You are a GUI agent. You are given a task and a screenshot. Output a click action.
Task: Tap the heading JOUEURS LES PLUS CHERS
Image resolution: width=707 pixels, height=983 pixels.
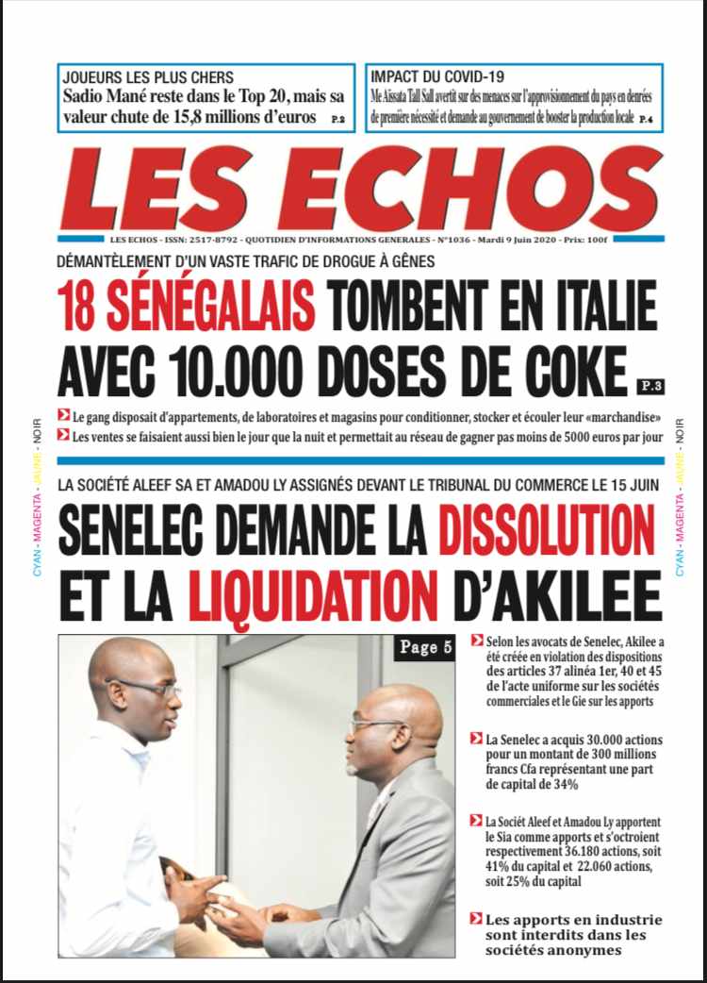point(147,76)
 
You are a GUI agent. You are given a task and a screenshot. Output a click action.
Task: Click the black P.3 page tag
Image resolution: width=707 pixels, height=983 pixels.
point(649,385)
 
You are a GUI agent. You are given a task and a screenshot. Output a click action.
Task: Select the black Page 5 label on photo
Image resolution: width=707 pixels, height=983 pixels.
point(423,648)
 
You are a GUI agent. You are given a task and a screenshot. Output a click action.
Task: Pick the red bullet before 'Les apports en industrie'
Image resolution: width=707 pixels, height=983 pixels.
point(477,919)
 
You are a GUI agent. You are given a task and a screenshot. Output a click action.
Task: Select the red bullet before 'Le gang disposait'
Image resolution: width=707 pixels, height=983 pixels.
point(63,415)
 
